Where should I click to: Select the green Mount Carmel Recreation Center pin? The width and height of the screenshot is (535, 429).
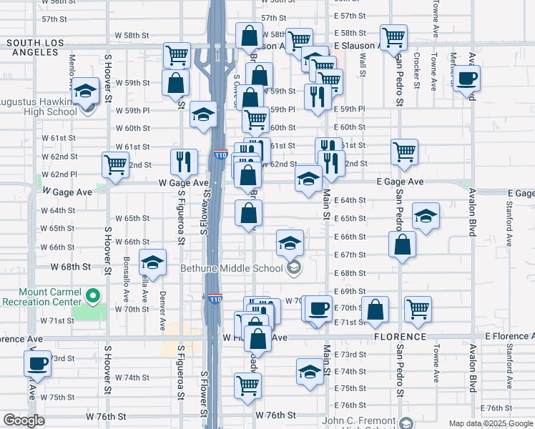pos(92,295)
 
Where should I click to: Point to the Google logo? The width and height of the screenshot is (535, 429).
pos(24,420)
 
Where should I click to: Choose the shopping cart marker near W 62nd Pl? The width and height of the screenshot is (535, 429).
pos(115,164)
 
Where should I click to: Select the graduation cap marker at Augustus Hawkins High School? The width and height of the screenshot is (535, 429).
pos(85,90)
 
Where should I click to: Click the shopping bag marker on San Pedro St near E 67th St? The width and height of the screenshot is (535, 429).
pos(403,245)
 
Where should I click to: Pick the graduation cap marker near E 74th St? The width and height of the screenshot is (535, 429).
pos(310,371)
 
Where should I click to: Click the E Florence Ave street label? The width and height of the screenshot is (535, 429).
pos(509,336)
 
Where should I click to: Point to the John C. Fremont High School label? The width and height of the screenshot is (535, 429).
pos(358,421)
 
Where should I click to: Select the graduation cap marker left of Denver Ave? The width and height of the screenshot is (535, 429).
pos(152,262)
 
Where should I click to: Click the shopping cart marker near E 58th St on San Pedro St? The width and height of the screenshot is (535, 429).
pos(393,37)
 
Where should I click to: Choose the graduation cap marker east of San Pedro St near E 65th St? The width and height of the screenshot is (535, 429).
pos(426,216)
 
